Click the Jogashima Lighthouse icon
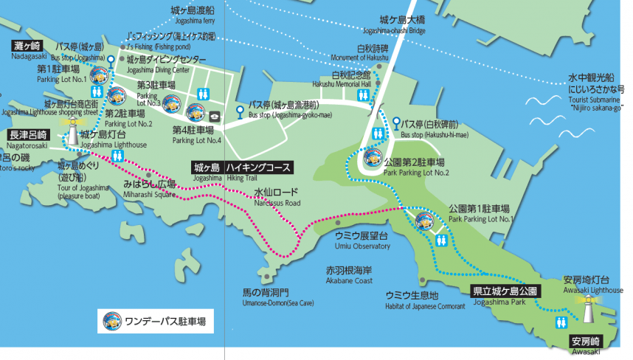(x=72, y=136)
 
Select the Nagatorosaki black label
(x=29, y=135)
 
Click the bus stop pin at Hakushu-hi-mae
(x=396, y=122)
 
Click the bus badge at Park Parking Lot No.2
(x=373, y=156)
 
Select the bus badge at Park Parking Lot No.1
(x=423, y=221)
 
